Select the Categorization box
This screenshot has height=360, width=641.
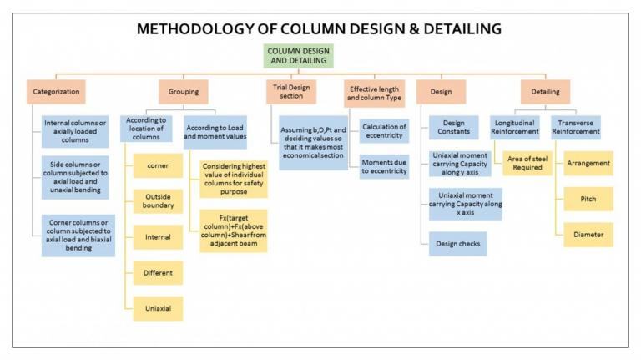click(57, 90)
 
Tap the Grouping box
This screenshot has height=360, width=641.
click(183, 90)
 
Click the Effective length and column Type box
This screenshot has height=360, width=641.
click(375, 90)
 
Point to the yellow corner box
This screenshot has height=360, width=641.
click(159, 166)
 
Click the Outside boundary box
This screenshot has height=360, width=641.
click(159, 200)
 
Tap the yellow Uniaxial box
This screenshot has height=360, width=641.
click(159, 308)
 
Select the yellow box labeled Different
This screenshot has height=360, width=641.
click(159, 272)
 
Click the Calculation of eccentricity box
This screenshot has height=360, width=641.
click(384, 129)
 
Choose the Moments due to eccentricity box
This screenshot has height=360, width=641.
click(384, 166)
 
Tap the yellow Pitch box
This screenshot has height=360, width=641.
click(588, 199)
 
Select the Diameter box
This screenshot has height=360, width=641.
click(588, 235)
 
